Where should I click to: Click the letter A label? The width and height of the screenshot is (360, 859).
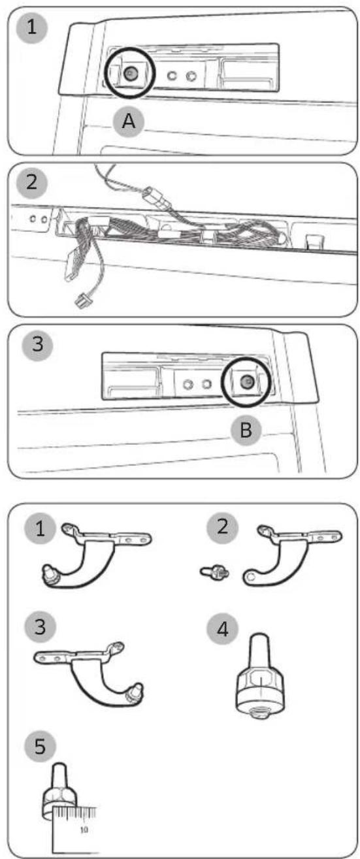pyautogui.click(x=129, y=122)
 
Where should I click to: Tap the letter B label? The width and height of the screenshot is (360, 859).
pyautogui.click(x=246, y=430)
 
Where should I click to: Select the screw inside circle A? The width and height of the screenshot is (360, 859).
pyautogui.click(x=131, y=73)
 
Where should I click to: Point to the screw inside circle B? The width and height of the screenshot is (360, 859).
pyautogui.click(x=246, y=381)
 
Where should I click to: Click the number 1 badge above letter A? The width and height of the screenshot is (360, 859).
pyautogui.click(x=31, y=27)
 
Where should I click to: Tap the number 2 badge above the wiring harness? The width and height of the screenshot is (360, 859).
pyautogui.click(x=31, y=182)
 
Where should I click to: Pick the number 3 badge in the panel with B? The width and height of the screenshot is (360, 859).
pyautogui.click(x=38, y=344)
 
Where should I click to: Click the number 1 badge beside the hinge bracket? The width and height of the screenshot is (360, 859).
pyautogui.click(x=40, y=528)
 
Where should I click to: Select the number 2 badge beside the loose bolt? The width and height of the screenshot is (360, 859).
pyautogui.click(x=222, y=528)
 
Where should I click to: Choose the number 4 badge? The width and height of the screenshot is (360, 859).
pyautogui.click(x=222, y=629)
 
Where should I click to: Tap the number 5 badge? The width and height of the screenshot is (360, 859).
pyautogui.click(x=40, y=746)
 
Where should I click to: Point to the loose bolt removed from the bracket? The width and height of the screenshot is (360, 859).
pyautogui.click(x=215, y=572)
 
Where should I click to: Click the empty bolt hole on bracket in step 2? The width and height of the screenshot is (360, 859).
pyautogui.click(x=251, y=576)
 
